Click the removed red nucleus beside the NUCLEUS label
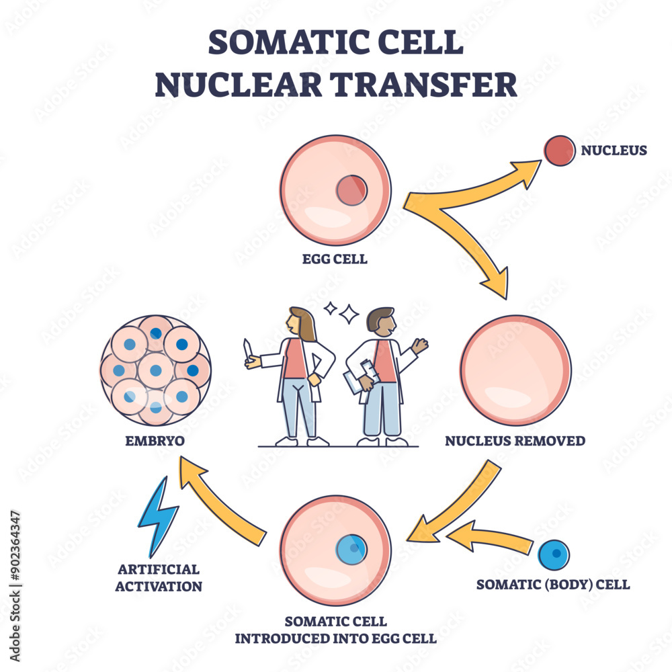[x=559, y=151]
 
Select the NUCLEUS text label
[x=614, y=151]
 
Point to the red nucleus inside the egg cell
[x=351, y=190]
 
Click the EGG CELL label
[x=335, y=259]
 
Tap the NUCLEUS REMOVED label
[x=515, y=442]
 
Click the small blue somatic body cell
[x=554, y=555]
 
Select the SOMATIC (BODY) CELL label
[x=553, y=585]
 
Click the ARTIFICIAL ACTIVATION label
[x=159, y=577]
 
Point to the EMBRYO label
[x=155, y=442]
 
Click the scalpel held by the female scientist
[x=248, y=349]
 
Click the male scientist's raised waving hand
[x=420, y=346]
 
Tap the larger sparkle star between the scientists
[x=349, y=314]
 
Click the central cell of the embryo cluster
[x=155, y=369]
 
